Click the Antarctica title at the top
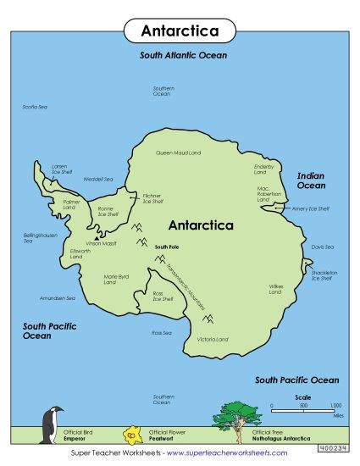pos(179,31)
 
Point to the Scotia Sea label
pos(35,107)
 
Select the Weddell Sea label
pos(98,179)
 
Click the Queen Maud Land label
pos(178,153)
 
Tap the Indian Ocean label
pos(310,180)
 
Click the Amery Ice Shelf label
pos(310,208)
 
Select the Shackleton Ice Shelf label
pos(324,275)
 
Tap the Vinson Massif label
pos(100,243)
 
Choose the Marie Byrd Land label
pos(116,279)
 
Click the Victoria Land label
pos(213,339)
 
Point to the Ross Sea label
pos(161,333)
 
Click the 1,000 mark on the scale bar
pos(335,406)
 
